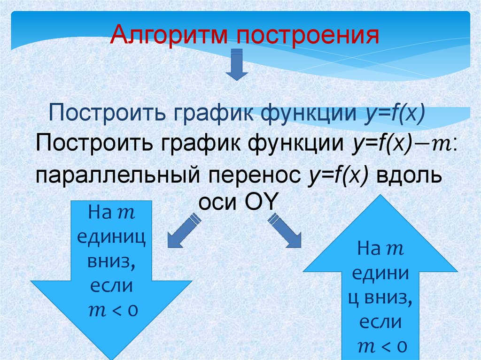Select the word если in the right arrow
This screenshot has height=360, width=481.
tap(380, 322)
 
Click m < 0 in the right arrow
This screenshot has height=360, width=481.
tap(380, 347)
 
